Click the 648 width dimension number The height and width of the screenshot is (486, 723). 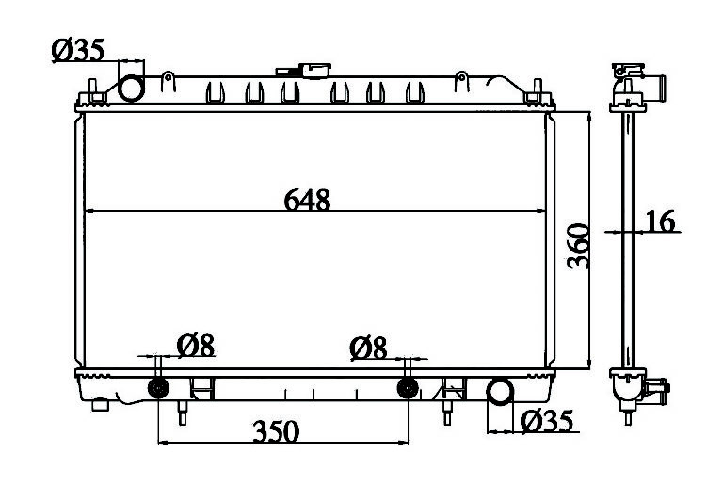click(x=307, y=200)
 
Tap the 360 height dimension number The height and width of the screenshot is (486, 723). click(x=578, y=246)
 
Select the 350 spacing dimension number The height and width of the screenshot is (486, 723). click(x=276, y=431)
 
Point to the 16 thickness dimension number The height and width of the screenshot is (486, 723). click(x=660, y=221)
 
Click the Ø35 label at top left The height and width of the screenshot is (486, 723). click(x=78, y=50)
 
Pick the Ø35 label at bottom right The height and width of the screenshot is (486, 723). click(x=547, y=421)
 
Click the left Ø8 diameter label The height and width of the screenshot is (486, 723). click(x=196, y=346)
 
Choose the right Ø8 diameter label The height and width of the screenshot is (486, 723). click(x=368, y=348)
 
